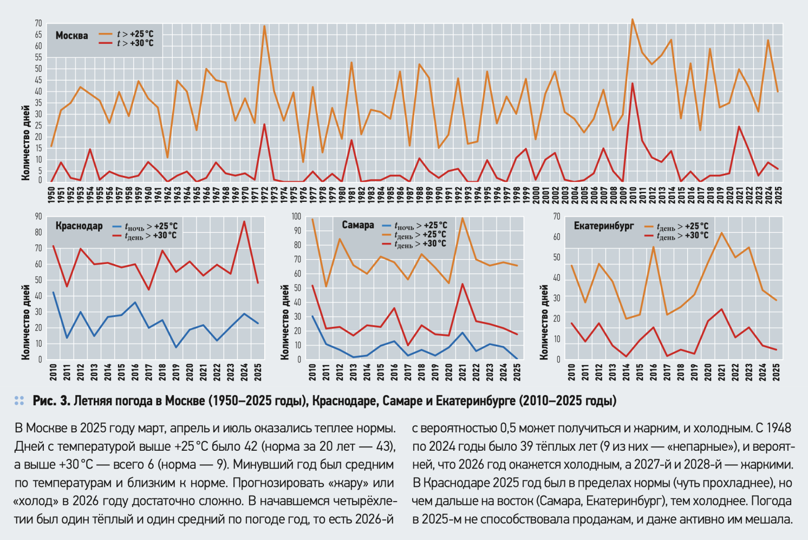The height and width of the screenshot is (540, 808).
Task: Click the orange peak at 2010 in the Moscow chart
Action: [632, 19]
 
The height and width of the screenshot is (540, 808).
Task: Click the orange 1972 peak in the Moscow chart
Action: [264, 26]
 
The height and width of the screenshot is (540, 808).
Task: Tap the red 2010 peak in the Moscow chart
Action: [632, 83]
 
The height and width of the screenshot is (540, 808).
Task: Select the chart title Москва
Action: [71, 36]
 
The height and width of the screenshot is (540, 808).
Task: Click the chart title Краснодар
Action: [79, 226]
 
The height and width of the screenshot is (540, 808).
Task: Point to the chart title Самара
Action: [357, 225]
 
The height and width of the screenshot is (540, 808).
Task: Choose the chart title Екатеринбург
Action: [603, 226]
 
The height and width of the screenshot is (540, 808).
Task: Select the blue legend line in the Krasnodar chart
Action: [117, 226]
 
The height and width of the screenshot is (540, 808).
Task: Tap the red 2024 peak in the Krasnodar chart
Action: [244, 221]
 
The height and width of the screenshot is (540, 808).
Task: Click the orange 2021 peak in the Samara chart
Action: [462, 218]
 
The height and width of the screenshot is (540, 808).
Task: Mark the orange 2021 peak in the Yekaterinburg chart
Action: [721, 233]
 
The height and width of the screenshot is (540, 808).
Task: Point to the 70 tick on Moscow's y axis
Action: [38, 23]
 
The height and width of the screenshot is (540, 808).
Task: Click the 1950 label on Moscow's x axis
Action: [51, 195]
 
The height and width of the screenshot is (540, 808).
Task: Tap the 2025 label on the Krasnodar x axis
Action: [258, 372]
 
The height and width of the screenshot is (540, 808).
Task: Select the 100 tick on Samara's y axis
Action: [296, 216]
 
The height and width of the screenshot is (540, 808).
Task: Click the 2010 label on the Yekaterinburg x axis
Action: [572, 372]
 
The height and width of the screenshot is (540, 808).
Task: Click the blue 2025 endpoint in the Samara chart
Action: [517, 358]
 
